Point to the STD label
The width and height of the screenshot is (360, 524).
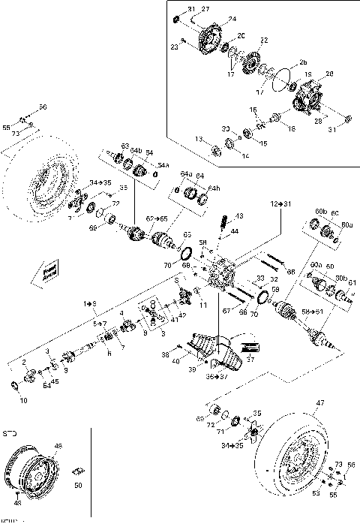click(10, 433)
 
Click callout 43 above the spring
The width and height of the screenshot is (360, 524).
click(238, 215)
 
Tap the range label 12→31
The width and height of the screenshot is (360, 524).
click(281, 203)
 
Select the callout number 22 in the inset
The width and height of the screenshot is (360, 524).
click(263, 39)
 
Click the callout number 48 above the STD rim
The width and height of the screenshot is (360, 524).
click(58, 445)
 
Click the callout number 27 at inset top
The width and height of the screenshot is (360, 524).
click(205, 8)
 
